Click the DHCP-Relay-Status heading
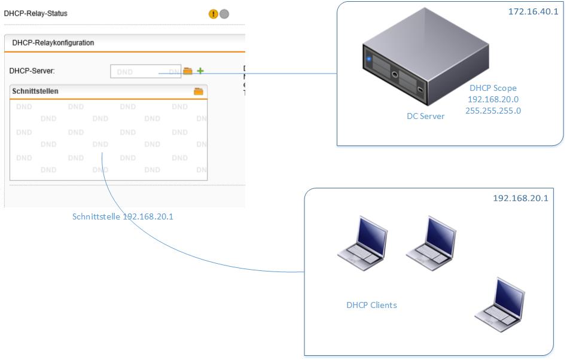tap(36, 13)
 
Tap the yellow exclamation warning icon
tap(214, 14)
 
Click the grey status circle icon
tap(224, 14)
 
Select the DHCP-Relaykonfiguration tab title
tap(53, 43)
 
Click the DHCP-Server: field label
tap(32, 71)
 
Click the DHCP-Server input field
tap(145, 71)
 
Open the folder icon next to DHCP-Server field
tap(188, 71)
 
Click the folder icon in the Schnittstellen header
tap(199, 91)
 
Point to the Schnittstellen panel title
tap(35, 91)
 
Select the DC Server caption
tap(425, 116)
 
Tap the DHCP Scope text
tap(493, 88)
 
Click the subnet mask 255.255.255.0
tap(493, 111)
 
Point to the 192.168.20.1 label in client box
tap(520, 198)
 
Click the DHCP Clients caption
tap(371, 305)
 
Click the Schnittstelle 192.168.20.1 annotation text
tap(123, 216)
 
